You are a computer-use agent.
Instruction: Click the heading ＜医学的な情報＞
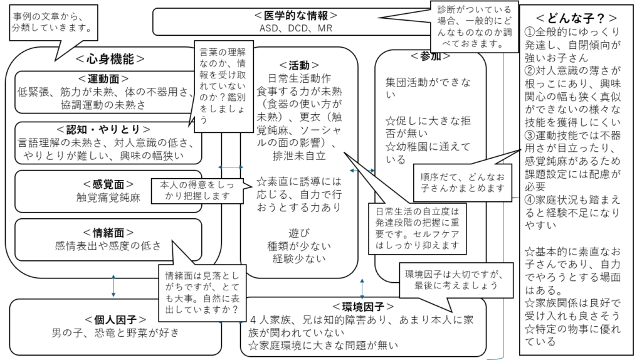[x=296, y=15]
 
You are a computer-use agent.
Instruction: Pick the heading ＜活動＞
[x=298, y=65]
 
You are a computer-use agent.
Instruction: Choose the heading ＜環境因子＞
[x=364, y=306]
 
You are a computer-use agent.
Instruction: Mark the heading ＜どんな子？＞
[x=576, y=18]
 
